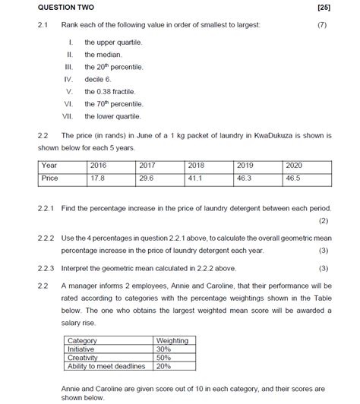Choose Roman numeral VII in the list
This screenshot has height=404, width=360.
(x=68, y=116)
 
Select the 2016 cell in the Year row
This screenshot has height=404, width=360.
(x=99, y=165)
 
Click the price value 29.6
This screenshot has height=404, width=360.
(x=147, y=178)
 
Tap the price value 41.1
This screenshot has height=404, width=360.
(x=195, y=178)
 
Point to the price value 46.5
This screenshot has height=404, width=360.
(x=293, y=178)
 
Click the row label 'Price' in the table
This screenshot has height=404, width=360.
(x=50, y=178)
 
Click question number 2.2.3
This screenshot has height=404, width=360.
(x=46, y=268)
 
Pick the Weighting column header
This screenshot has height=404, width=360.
(x=172, y=340)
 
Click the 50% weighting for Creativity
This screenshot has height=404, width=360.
(x=163, y=357)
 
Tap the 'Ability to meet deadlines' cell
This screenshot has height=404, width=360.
(x=107, y=365)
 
